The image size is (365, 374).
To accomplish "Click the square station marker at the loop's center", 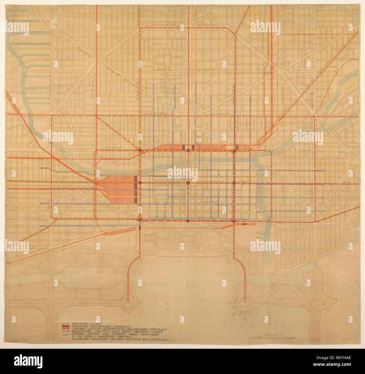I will click(x=188, y=183).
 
